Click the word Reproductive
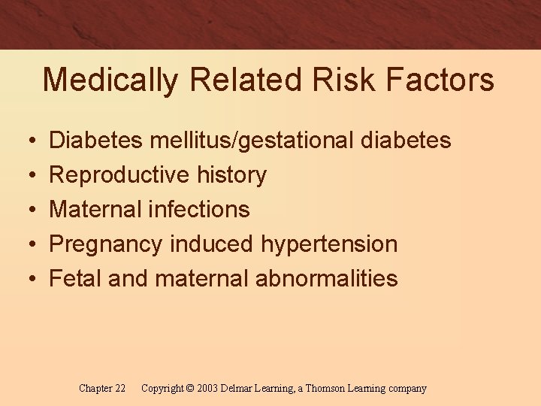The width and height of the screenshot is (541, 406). (x=119, y=175)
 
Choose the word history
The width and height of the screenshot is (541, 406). (x=231, y=175)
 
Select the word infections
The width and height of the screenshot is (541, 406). (x=198, y=209)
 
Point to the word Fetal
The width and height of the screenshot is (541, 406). (x=74, y=278)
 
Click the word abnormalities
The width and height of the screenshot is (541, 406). (x=326, y=278)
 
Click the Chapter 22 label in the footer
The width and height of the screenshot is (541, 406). (x=102, y=389)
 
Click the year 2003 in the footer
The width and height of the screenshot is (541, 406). (x=207, y=389)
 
